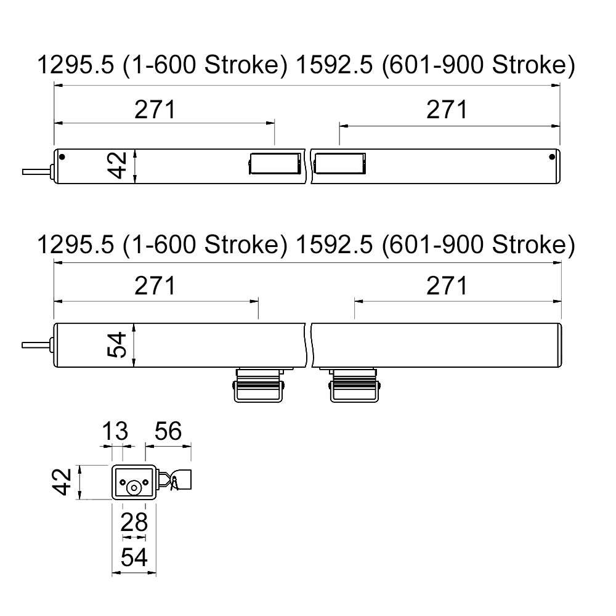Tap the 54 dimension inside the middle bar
pyautogui.click(x=118, y=345)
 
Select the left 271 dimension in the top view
pyautogui.click(x=155, y=110)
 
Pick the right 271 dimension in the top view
pyautogui.click(x=447, y=110)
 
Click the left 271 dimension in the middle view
pyautogui.click(x=155, y=286)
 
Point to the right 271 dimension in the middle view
pyautogui.click(x=447, y=286)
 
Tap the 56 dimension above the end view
pyautogui.click(x=168, y=432)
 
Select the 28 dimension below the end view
pyautogui.click(x=134, y=522)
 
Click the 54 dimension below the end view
pyautogui.click(x=134, y=557)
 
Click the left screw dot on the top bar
pyautogui.click(x=62, y=156)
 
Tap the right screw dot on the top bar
pyautogui.click(x=551, y=156)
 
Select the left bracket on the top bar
pyautogui.click(x=274, y=164)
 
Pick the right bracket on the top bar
pyautogui.click(x=341, y=164)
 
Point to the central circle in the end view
pyautogui.click(x=134, y=487)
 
